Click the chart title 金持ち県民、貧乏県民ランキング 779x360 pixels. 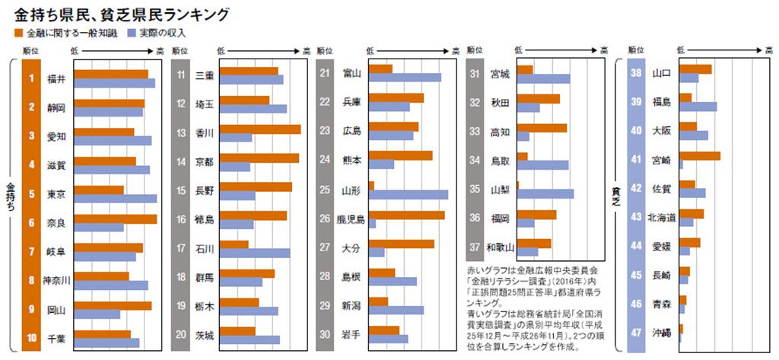(122, 14)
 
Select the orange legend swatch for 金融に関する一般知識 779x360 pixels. (18, 33)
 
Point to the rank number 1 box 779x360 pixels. (31, 78)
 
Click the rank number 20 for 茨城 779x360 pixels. (180, 334)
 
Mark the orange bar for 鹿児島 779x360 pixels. (406, 215)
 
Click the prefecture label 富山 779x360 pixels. (351, 74)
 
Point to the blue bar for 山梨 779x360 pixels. (545, 193)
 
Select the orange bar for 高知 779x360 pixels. (542, 128)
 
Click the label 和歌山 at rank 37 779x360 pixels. (500, 247)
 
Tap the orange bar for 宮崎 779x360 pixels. (699, 156)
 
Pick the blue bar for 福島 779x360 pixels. (698, 107)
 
